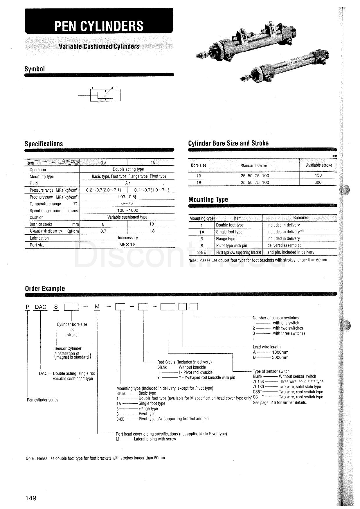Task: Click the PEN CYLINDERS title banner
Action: (x=99, y=26)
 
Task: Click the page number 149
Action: (x=31, y=498)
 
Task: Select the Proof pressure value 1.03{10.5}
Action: (x=127, y=197)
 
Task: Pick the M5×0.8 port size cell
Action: (x=127, y=244)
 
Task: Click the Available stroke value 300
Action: (x=318, y=182)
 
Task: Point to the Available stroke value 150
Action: (x=318, y=175)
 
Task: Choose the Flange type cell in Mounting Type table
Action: (x=226, y=239)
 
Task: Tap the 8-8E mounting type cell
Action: (x=201, y=252)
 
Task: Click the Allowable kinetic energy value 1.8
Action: (x=151, y=231)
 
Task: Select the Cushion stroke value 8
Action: (x=103, y=224)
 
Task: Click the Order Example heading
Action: (x=45, y=289)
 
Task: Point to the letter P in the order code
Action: (x=28, y=307)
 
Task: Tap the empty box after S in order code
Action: (x=71, y=307)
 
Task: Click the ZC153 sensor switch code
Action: (x=258, y=382)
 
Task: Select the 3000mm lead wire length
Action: (x=280, y=357)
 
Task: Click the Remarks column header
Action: (x=300, y=218)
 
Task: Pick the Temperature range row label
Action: (x=45, y=204)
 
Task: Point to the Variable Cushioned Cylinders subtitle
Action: (x=99, y=46)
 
